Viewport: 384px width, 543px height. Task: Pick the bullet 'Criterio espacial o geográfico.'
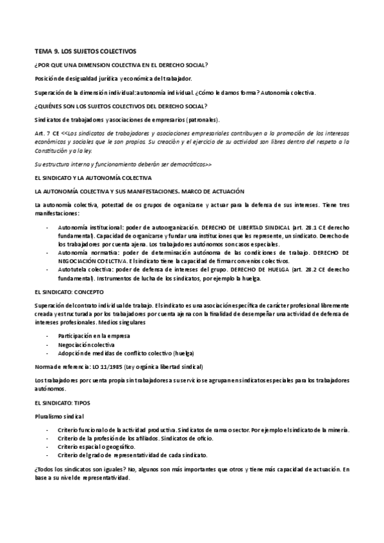[x=101, y=446]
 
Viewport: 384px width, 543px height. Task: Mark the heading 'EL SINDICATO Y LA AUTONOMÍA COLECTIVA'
[x=93, y=176]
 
